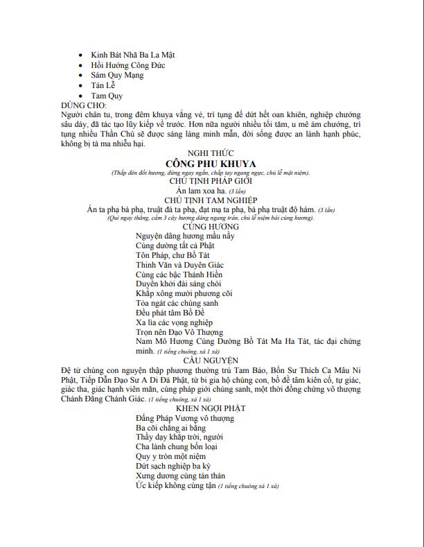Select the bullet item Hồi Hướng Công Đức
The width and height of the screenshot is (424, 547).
127,65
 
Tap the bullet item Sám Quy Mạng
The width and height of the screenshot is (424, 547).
118,76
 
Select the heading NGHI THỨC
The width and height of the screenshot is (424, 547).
211,153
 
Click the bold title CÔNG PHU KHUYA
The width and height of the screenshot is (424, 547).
211,164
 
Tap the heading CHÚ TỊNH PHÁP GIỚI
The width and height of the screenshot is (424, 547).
211,180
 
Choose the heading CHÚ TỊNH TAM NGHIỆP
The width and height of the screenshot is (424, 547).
211,200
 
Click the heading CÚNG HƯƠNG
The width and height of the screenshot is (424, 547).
211,227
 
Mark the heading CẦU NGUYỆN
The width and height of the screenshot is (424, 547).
211,361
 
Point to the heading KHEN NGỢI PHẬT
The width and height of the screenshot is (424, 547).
211,408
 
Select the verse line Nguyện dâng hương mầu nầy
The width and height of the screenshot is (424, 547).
176,236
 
